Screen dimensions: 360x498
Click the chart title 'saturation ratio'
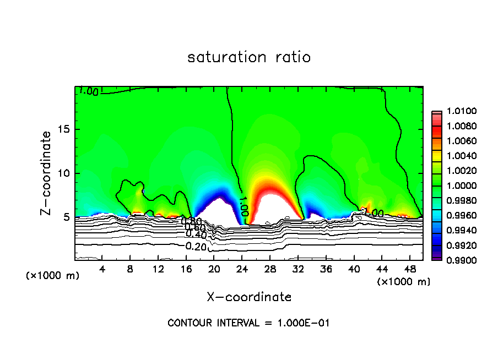pyautogui.click(x=248, y=57)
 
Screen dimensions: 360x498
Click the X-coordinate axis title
pyautogui.click(x=249, y=297)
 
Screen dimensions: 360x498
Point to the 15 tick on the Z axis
pyautogui.click(x=65, y=129)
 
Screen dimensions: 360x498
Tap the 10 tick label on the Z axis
pyautogui.click(x=65, y=173)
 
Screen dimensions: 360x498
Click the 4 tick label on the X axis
pyautogui.click(x=102, y=269)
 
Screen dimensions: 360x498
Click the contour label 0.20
pyautogui.click(x=196, y=246)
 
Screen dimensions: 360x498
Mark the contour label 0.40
pyautogui.click(x=196, y=235)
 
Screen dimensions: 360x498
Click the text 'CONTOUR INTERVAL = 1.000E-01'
pyautogui.click(x=248, y=323)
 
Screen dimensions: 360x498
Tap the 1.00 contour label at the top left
pyautogui.click(x=89, y=91)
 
